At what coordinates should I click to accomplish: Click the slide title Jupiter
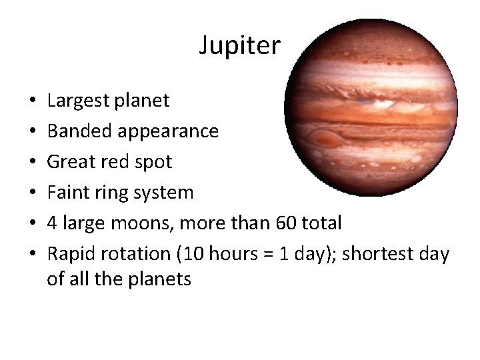(x=240, y=45)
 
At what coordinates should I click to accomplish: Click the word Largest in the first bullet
(x=77, y=101)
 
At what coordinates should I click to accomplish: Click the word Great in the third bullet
(x=70, y=162)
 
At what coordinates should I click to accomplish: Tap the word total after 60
(x=322, y=223)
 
